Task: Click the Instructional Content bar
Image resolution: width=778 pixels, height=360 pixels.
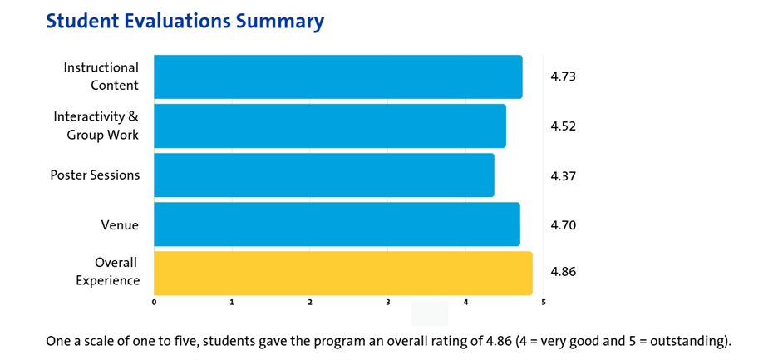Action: tap(337, 76)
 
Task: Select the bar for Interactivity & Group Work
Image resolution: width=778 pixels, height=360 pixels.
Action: tap(329, 126)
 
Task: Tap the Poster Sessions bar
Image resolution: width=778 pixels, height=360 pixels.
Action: tap(323, 175)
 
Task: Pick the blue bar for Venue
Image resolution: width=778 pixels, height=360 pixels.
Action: tap(337, 224)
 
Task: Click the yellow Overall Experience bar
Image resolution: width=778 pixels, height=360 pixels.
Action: tap(342, 273)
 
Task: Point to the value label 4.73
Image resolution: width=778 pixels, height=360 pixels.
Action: tap(563, 76)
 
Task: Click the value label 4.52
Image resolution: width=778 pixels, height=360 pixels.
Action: tap(563, 126)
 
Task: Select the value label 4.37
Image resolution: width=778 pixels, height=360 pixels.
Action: tap(563, 176)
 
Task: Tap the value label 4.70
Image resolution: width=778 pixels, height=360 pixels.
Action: tap(563, 225)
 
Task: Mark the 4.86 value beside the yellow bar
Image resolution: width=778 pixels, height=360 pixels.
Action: tap(563, 272)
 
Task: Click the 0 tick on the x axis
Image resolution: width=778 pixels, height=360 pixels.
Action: tap(155, 302)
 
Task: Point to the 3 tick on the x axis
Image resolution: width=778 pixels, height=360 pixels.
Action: tap(388, 302)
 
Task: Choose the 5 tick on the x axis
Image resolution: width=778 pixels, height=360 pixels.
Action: tap(544, 302)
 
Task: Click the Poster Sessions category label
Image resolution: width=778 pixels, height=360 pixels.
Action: tap(95, 175)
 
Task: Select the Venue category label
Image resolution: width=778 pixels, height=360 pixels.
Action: tap(120, 225)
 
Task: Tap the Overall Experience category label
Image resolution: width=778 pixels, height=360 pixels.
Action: tap(108, 272)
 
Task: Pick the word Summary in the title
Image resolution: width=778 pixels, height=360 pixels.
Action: tap(280, 21)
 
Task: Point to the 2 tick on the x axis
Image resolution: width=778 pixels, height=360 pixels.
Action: tap(310, 302)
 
